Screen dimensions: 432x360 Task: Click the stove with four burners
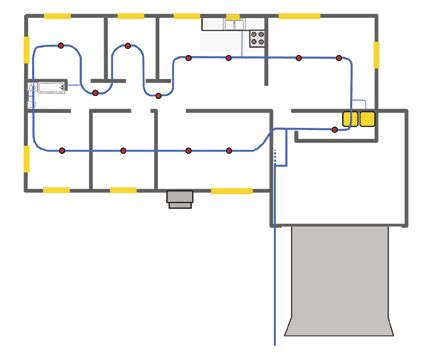257,38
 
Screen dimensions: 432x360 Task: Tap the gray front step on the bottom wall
179,199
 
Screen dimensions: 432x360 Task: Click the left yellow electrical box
350,119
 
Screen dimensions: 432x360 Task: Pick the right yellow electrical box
366,119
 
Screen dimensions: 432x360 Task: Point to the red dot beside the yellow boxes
335,129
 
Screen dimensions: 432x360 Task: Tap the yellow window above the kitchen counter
233,17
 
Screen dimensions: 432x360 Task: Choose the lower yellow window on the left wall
25,157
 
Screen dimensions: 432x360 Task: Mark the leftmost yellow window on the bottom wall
55,189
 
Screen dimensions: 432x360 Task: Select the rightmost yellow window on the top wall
299,17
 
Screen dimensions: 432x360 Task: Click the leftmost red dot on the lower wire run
62,150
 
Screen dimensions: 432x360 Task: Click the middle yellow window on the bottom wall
123,189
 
